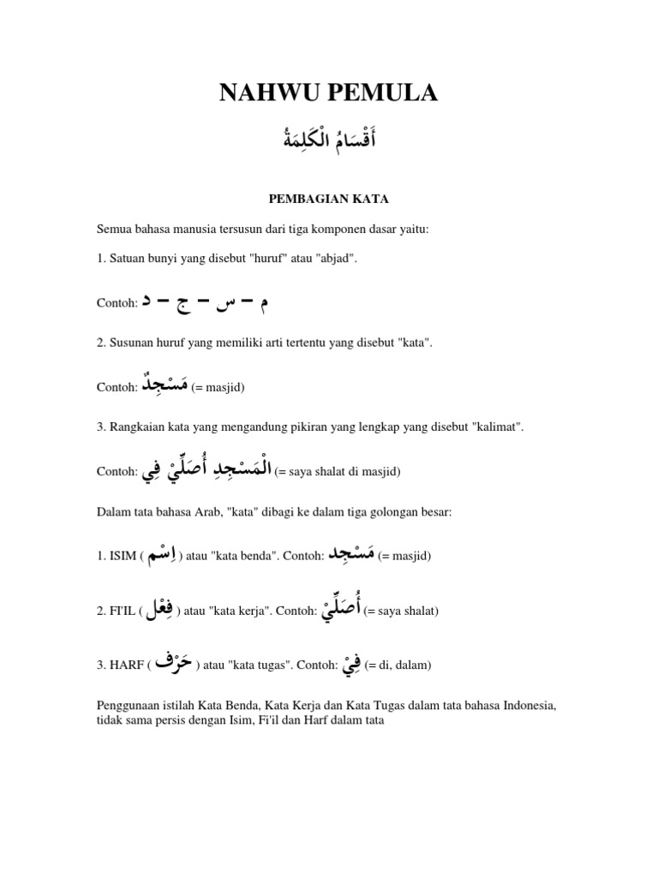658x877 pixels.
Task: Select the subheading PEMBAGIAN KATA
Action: pyautogui.click(x=329, y=199)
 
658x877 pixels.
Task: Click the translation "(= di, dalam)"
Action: pyautogui.click(x=398, y=665)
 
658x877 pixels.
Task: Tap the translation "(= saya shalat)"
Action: pyautogui.click(x=401, y=611)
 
